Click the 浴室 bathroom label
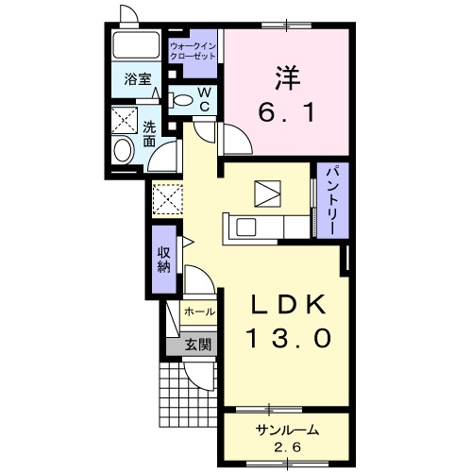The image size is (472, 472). point(138,79)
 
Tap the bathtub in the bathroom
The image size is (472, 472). point(136,44)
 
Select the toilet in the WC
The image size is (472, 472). point(180,100)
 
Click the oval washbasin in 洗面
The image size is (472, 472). point(124,151)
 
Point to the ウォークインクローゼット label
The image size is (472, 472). point(193,51)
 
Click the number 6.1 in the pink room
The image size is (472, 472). point(286,112)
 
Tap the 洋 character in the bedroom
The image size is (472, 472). point(288,78)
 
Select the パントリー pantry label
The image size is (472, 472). point(333,200)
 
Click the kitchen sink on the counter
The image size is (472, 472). point(245,228)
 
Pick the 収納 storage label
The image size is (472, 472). point(164,260)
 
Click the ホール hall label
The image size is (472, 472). point(200,312)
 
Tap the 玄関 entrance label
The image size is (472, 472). point(197,346)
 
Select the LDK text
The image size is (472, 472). point(287,305)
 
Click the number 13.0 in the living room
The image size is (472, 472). point(290,338)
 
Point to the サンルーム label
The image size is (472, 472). point(287,430)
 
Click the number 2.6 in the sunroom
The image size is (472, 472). point(288,447)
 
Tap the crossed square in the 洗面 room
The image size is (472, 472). point(125,120)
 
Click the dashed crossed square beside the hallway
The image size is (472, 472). point(167,199)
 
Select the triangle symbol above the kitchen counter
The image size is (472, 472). point(267,194)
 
